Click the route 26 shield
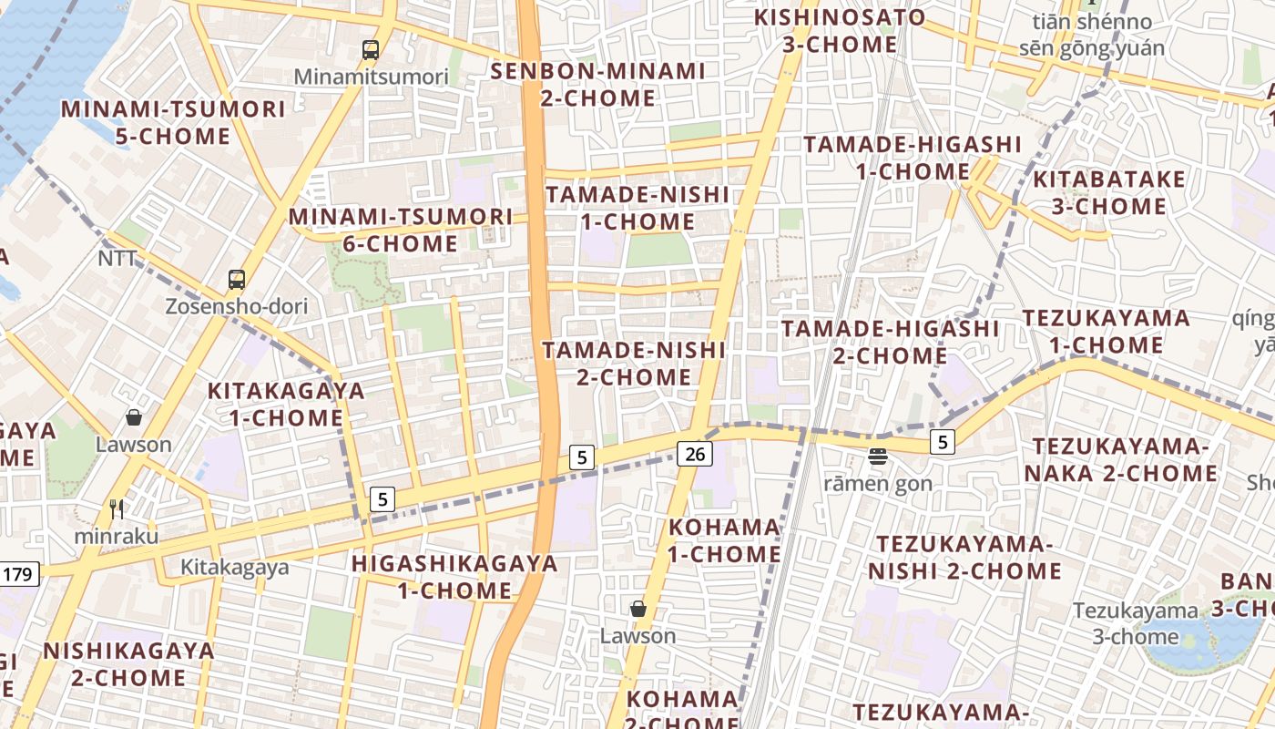[694, 454]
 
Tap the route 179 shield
[18, 574]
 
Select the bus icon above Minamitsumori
[371, 50]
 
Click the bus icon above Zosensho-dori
[237, 280]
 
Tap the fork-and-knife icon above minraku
[117, 508]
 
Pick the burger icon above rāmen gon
[878, 456]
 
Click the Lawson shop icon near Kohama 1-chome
[638, 609]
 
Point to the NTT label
[117, 259]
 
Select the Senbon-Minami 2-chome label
[598, 84]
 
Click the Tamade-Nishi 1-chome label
[637, 208]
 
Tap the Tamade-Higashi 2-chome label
[890, 342]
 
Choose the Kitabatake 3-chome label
[1109, 192]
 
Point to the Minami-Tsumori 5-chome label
[173, 123]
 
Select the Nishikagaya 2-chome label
[128, 664]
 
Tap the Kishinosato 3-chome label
[840, 31]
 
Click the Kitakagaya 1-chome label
[286, 405]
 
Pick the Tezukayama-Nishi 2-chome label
[964, 558]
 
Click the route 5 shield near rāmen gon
[943, 443]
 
